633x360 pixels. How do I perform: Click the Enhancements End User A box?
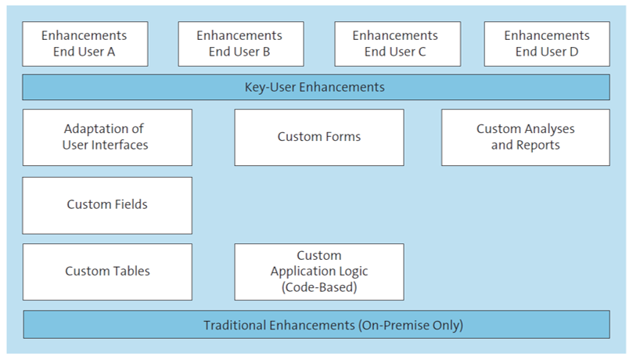(x=84, y=44)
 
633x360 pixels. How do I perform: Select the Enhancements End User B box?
(x=239, y=44)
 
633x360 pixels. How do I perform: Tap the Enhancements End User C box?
(x=395, y=44)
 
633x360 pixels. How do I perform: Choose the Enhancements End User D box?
(x=546, y=44)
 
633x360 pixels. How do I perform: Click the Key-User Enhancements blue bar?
(x=315, y=87)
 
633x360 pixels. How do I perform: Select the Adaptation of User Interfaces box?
(x=107, y=137)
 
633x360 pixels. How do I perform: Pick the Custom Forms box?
(x=318, y=137)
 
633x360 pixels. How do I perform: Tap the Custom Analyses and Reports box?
(x=525, y=137)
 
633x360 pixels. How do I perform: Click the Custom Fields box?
(x=107, y=205)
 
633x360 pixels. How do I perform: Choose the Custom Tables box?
(x=107, y=272)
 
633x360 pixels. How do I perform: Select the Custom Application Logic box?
(x=318, y=272)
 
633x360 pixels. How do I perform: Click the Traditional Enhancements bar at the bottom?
(x=315, y=325)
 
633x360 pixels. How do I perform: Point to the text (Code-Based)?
(x=318, y=286)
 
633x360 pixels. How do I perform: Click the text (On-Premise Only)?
(x=411, y=325)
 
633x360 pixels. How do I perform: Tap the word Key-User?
(x=269, y=87)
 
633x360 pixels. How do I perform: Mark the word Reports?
(x=537, y=145)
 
